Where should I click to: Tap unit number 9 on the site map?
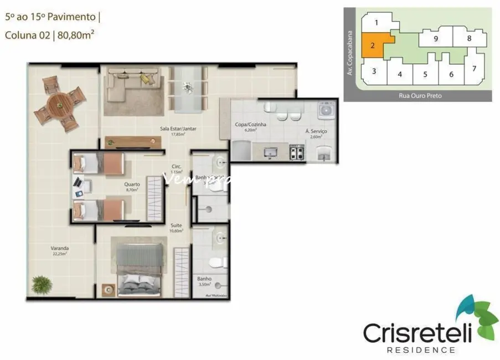pos(436,39)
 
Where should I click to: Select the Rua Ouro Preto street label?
pos(420,96)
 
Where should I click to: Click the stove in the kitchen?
pos(297,152)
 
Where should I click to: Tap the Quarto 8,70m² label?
pos(132,187)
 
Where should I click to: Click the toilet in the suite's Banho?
pos(220,260)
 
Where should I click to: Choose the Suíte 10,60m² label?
pos(177,228)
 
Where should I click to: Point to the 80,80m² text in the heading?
pos(78,36)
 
